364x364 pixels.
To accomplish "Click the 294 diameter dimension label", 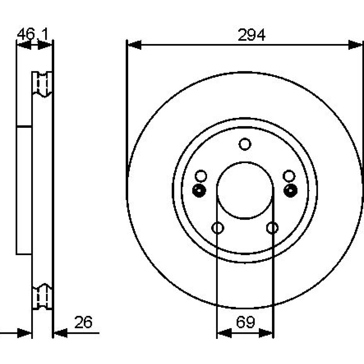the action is coord(252,35).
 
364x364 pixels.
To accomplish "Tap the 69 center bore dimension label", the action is coord(245,322).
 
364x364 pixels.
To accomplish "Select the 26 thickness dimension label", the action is coord(83,322).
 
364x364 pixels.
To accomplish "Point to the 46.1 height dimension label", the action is coord(32,34).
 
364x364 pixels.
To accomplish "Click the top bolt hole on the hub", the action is coord(245,144).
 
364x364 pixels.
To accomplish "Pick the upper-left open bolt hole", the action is coord(201,176).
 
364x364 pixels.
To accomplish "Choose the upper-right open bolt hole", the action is coord(289,176).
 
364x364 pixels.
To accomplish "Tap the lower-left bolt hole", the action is coord(218,228).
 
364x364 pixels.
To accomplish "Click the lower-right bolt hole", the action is coord(272,228).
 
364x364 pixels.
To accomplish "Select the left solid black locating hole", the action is coord(199,191).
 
